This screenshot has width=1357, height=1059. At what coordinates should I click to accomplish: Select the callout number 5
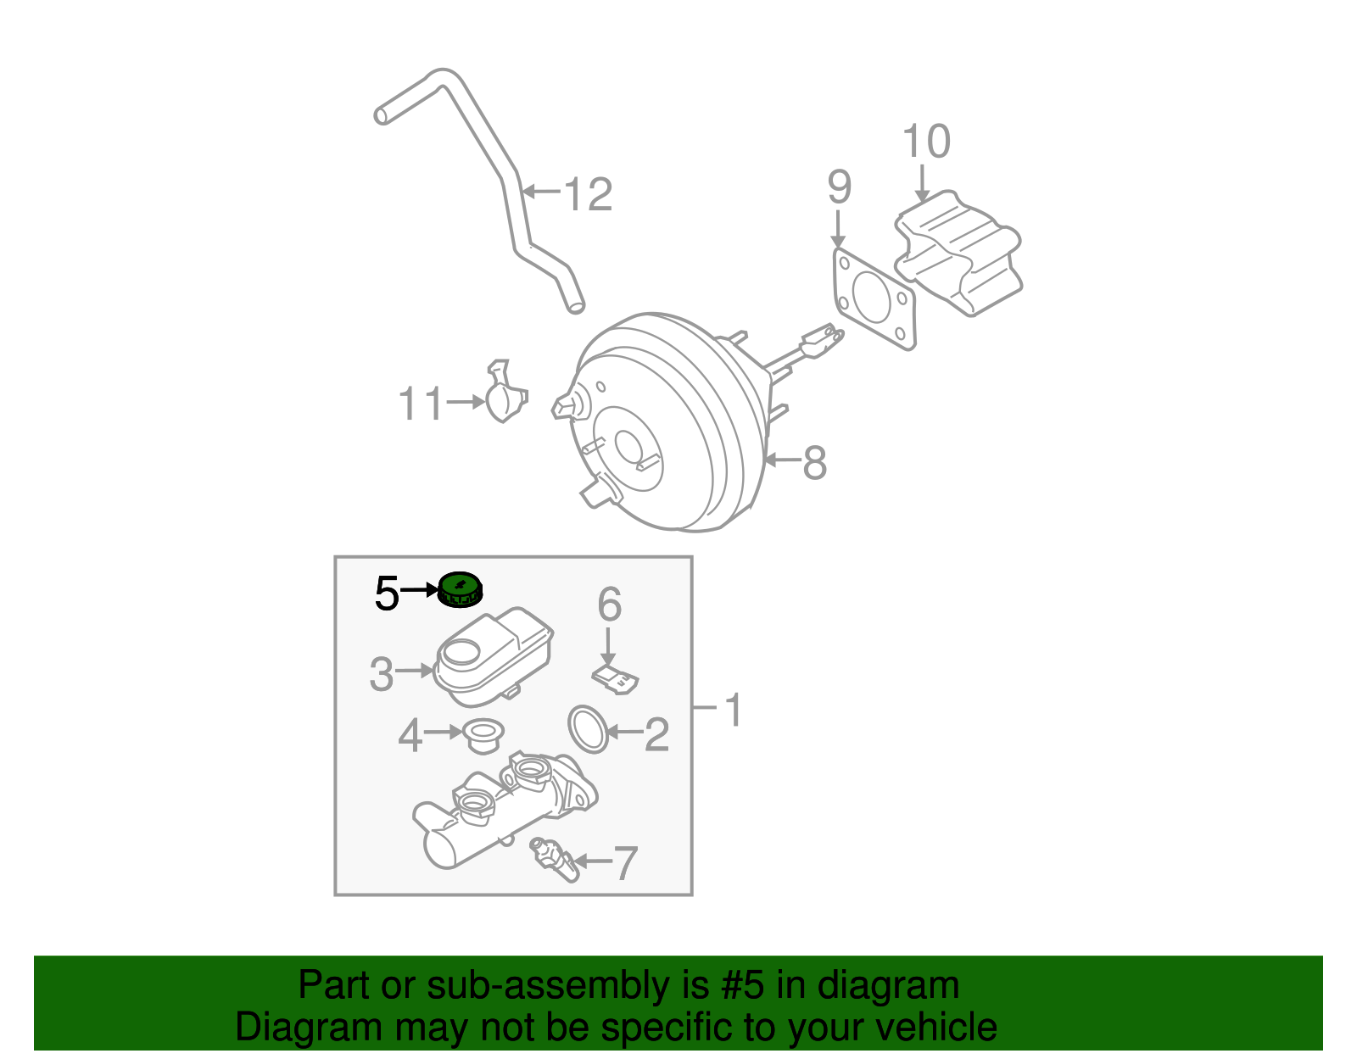click(x=386, y=594)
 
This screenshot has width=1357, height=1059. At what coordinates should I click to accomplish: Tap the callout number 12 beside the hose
click(x=587, y=194)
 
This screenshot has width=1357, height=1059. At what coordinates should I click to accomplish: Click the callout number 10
click(x=926, y=142)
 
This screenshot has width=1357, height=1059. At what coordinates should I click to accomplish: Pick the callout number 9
click(x=839, y=187)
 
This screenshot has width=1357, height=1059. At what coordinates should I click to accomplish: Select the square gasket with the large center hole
click(x=874, y=298)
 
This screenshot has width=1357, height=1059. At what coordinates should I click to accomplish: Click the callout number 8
click(x=814, y=462)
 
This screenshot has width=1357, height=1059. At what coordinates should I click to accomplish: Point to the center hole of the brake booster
click(x=628, y=446)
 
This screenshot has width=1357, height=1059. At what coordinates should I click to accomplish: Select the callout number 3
click(x=382, y=674)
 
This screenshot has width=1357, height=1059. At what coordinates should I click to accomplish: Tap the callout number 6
click(x=609, y=605)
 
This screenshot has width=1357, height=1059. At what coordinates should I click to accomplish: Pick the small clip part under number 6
click(x=616, y=679)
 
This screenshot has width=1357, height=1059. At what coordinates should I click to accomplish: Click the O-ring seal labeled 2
click(x=588, y=728)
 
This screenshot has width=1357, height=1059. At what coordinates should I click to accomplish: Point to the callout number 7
click(x=624, y=863)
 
